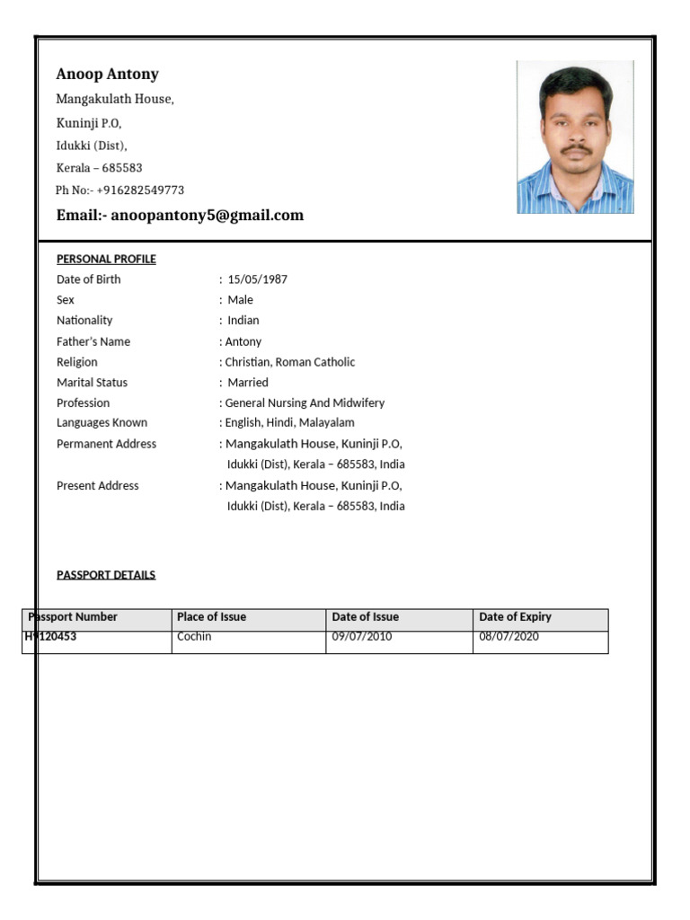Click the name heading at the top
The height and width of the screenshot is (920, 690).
(107, 75)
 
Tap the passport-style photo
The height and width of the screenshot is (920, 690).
(575, 137)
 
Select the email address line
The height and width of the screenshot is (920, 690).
(180, 216)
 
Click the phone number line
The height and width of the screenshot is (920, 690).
(119, 190)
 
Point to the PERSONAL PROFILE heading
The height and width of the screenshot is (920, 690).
(106, 260)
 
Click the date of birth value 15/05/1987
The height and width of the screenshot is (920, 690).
(257, 279)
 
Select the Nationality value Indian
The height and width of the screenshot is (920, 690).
(243, 321)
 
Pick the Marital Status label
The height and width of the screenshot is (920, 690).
(92, 383)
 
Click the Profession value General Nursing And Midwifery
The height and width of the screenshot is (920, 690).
(304, 403)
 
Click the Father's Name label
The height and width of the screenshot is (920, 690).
(93, 341)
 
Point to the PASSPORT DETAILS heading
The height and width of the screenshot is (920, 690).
(106, 575)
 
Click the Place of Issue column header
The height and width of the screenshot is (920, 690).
(211, 617)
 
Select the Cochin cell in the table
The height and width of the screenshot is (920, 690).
(194, 637)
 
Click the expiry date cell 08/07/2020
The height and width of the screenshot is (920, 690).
(509, 637)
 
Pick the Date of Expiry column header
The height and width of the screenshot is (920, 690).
(515, 617)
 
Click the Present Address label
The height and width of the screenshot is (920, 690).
(98, 486)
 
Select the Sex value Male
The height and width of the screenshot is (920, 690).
(240, 300)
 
